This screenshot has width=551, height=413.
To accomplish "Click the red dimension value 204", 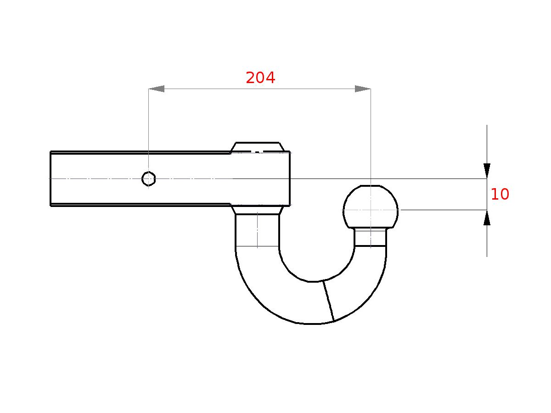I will click(260, 78).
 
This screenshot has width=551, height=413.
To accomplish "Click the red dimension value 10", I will click(500, 195).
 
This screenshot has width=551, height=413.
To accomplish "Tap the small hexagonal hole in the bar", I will click(148, 179).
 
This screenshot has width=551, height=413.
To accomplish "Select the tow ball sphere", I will click(371, 207).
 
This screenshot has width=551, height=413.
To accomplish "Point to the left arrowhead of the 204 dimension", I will click(157, 89).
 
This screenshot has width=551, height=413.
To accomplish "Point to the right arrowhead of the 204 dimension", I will click(363, 89).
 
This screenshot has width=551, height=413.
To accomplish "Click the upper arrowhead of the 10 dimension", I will click(487, 171).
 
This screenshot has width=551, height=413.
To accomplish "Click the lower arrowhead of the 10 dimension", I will click(487, 218).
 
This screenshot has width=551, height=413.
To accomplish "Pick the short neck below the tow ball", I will click(371, 237).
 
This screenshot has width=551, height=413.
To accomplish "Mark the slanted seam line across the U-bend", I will click(328, 301).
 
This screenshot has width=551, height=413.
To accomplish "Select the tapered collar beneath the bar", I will click(257, 210).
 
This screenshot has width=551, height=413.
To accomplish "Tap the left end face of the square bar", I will click(51, 179).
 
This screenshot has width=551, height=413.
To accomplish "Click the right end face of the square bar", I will click(290, 179).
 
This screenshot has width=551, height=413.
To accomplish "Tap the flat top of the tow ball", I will click(371, 186).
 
